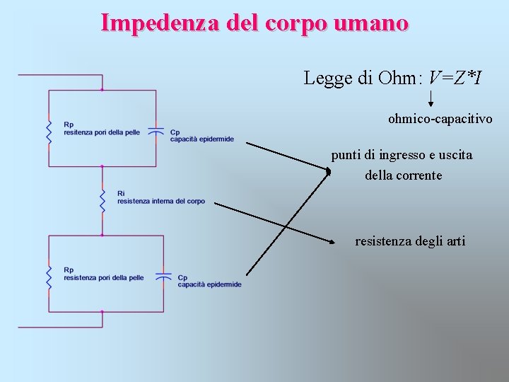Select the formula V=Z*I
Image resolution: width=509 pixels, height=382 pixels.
pyautogui.click(x=456, y=78)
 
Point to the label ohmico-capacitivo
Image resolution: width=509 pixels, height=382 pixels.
pyautogui.click(x=440, y=119)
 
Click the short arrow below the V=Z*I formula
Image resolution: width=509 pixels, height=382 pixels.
pyautogui.click(x=431, y=98)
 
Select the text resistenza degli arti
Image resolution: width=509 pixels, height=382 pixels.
pyautogui.click(x=410, y=241)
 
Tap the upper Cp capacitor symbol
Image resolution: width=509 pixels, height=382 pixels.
pyautogui.click(x=156, y=132)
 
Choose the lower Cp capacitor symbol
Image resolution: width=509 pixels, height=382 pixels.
pyautogui.click(x=164, y=277)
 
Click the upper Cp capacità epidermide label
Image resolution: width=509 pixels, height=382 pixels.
pyautogui.click(x=201, y=136)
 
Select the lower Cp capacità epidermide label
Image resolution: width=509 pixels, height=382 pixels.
pyautogui.click(x=209, y=281)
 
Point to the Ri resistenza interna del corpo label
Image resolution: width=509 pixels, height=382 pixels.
pyautogui.click(x=160, y=197)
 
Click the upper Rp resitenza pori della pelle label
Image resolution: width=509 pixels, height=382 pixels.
pyautogui.click(x=101, y=129)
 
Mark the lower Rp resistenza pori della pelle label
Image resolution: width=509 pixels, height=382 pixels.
pyautogui.click(x=103, y=274)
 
